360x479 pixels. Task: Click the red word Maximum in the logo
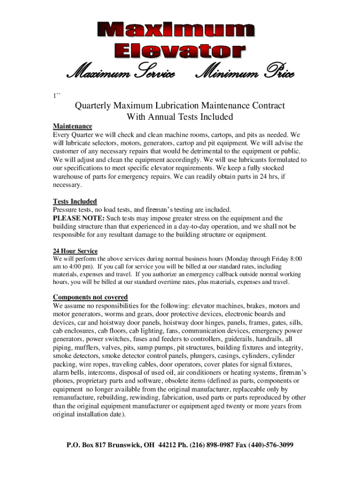pos(180,31)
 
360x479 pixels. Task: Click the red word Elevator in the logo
pos(180,51)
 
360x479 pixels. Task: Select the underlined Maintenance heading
pos(72,126)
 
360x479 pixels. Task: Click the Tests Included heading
pos(75,202)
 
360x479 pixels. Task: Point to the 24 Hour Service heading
pos(75,251)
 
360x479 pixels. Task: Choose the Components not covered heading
pos(90,298)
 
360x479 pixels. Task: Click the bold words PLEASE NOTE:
pos(79,218)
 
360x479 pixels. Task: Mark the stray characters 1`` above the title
pos(57,96)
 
